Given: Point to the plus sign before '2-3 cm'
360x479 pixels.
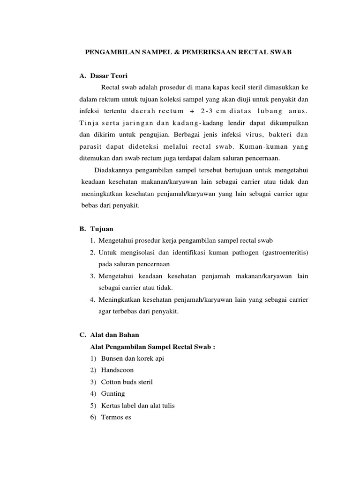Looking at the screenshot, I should pos(191,111).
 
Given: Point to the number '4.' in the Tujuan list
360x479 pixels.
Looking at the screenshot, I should pos(92,299).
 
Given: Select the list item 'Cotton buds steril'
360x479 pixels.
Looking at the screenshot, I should pos(127,382).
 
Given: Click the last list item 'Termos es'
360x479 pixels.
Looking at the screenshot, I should pos(116,417).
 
